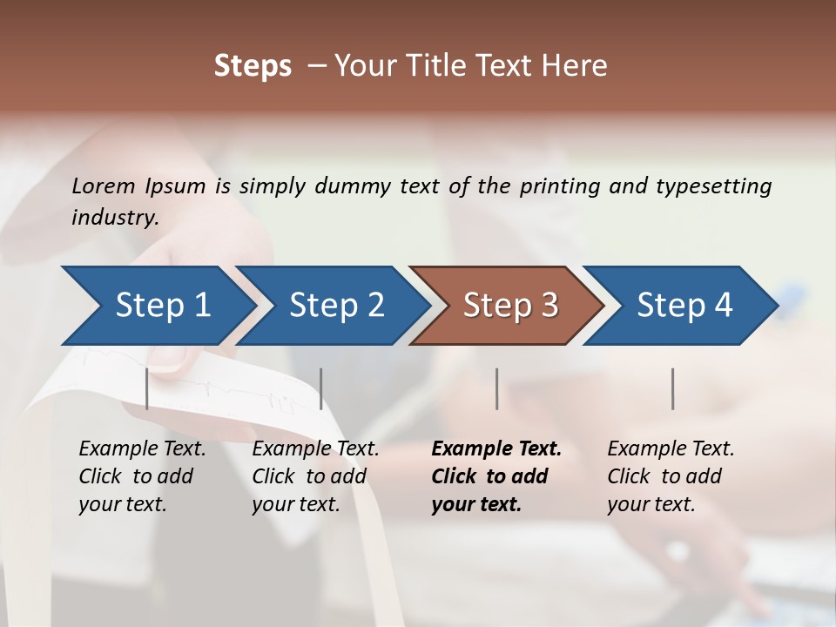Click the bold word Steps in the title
(253, 66)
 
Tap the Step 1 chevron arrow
(157, 305)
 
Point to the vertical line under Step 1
(147, 388)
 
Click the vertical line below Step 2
(321, 388)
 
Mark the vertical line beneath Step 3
(497, 388)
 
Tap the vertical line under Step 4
(673, 388)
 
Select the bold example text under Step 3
(496, 476)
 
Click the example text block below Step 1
(142, 476)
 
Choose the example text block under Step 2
(315, 476)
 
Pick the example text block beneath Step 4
(671, 476)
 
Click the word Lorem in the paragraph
(104, 186)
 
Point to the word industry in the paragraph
(114, 218)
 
